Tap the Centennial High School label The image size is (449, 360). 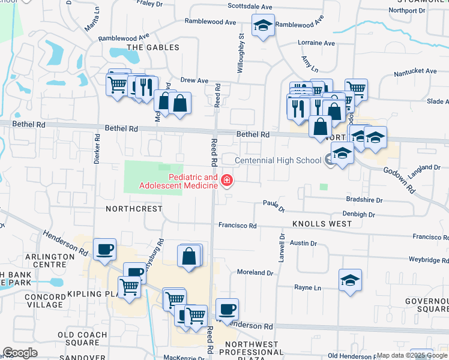(278, 160)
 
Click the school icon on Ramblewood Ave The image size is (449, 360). (262, 26)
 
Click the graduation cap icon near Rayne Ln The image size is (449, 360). (350, 280)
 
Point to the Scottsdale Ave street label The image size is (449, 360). (250, 7)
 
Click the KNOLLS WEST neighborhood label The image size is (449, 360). (322, 224)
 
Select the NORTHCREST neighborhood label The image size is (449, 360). (134, 209)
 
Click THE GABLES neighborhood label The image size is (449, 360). (152, 47)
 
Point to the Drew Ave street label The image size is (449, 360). (194, 80)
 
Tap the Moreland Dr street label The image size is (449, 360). (255, 272)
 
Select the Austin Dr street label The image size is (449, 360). (303, 243)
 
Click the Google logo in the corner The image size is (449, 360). (20, 352)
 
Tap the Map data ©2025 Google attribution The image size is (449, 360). (412, 355)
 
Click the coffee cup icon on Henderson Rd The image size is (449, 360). (227, 310)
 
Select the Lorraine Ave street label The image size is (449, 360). (316, 43)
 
